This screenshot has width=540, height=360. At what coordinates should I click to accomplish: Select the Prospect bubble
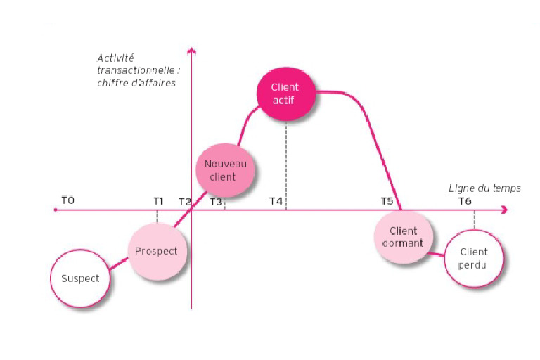[x=157, y=251]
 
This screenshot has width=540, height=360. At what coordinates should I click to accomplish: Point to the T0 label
[x=67, y=200]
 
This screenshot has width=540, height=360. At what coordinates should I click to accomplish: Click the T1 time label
[x=158, y=201]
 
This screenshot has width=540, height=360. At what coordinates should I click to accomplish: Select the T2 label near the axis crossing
[x=184, y=202]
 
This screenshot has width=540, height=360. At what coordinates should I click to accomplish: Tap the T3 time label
[x=216, y=202]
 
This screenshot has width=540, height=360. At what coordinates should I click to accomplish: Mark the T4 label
[x=276, y=202]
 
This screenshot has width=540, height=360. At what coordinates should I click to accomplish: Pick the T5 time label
[x=387, y=201]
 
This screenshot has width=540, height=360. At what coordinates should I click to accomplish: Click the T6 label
[x=465, y=202]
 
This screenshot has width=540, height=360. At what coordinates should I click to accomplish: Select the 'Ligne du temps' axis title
[x=475, y=188]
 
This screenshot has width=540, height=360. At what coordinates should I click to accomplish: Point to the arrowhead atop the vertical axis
[x=191, y=51]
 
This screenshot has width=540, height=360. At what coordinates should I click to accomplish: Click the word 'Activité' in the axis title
[x=115, y=58]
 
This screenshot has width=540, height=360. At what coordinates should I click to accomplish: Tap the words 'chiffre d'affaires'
[x=136, y=83]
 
